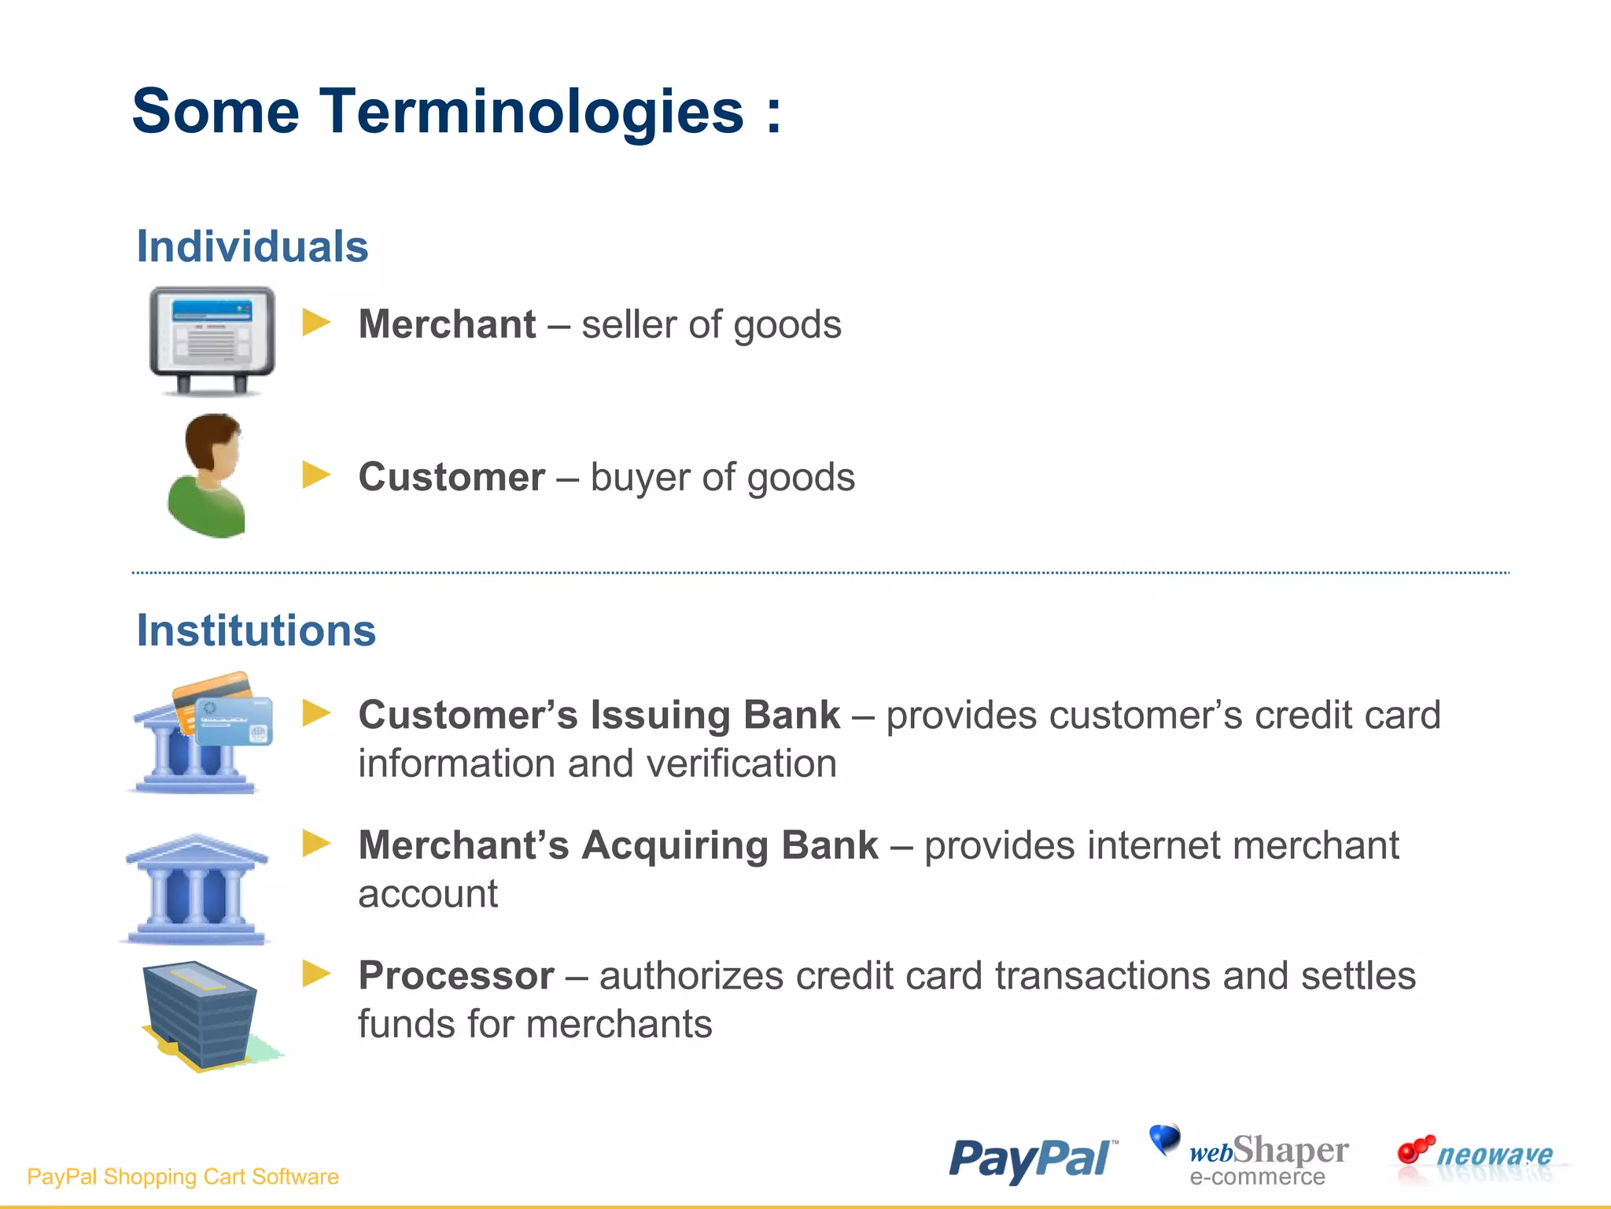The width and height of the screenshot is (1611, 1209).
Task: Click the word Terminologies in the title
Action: pos(531,112)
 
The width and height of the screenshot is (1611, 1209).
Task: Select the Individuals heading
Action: pos(253,246)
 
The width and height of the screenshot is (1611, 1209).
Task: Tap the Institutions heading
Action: pos(256,630)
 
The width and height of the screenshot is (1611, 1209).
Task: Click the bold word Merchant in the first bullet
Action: pos(447,324)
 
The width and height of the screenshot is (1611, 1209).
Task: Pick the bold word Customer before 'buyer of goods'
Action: pos(452,477)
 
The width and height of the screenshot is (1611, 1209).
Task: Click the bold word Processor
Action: pos(456,976)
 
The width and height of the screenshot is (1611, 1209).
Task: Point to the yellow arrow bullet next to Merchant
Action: pos(316,322)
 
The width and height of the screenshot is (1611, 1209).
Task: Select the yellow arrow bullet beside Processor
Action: pos(316,974)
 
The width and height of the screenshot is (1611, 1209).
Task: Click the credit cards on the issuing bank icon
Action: pos(224,708)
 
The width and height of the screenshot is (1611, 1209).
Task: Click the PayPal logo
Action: pos(1032,1159)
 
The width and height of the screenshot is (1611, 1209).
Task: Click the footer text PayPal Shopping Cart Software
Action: pos(182,1177)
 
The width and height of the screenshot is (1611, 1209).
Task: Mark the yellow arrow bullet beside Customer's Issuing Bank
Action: pos(316,713)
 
